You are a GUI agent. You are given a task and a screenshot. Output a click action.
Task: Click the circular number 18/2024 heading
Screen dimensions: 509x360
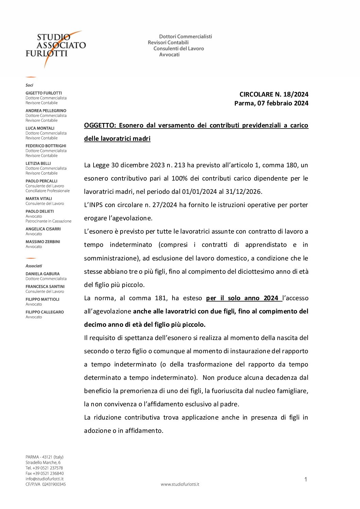tap(274, 95)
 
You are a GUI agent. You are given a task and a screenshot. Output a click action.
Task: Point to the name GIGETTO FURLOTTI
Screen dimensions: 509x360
tap(44, 93)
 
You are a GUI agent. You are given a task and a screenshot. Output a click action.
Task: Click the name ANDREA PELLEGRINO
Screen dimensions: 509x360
tap(46, 111)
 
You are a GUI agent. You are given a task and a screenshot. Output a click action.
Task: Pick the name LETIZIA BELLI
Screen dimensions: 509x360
tap(38, 164)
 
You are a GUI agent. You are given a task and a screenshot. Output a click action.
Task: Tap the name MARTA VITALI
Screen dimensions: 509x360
tap(39, 199)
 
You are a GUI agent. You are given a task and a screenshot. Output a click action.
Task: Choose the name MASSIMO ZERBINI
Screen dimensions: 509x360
tap(43, 242)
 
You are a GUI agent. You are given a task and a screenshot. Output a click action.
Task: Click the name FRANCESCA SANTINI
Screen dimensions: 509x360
tap(45, 287)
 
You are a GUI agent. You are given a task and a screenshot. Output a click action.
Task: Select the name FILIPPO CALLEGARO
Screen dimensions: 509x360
tap(45, 312)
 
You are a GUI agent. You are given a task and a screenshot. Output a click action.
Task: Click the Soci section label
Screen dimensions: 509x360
tap(29, 85)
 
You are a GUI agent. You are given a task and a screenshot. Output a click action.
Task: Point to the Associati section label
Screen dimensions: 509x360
tap(34, 266)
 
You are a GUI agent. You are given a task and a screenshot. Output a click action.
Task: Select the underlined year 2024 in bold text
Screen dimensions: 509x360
tap(271, 298)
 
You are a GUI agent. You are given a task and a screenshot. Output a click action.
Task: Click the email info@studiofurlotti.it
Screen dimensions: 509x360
tap(45, 479)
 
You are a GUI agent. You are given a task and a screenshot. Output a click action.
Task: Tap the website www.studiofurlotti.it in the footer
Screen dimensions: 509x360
tap(180, 484)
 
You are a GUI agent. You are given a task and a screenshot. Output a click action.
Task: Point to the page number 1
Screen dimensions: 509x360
tap(306, 479)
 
